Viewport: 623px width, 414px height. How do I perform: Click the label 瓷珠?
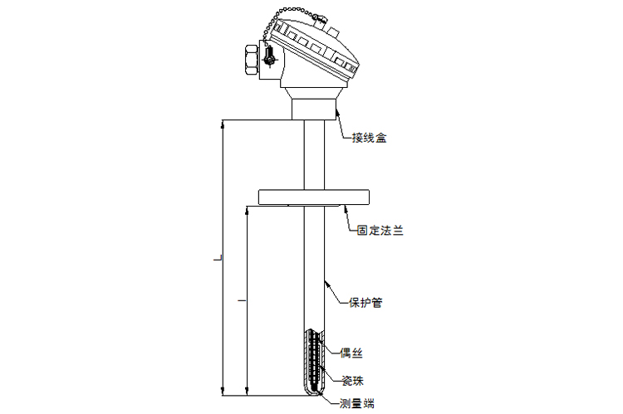pyautogui.click(x=352, y=379)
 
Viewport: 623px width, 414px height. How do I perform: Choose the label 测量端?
pyautogui.click(x=356, y=404)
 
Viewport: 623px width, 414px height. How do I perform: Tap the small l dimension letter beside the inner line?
pyautogui.click(x=242, y=296)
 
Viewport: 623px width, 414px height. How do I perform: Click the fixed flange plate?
pyautogui.click(x=312, y=197)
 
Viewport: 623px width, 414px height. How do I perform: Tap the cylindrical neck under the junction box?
pyautogui.click(x=314, y=108)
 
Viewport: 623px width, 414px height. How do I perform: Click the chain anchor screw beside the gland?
pyautogui.click(x=270, y=59)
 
